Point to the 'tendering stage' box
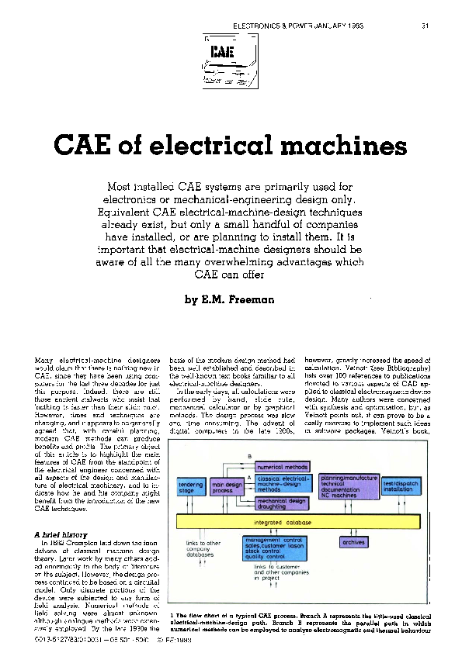click(x=190, y=486)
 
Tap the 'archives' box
click(x=353, y=542)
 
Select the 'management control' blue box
click(x=278, y=550)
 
